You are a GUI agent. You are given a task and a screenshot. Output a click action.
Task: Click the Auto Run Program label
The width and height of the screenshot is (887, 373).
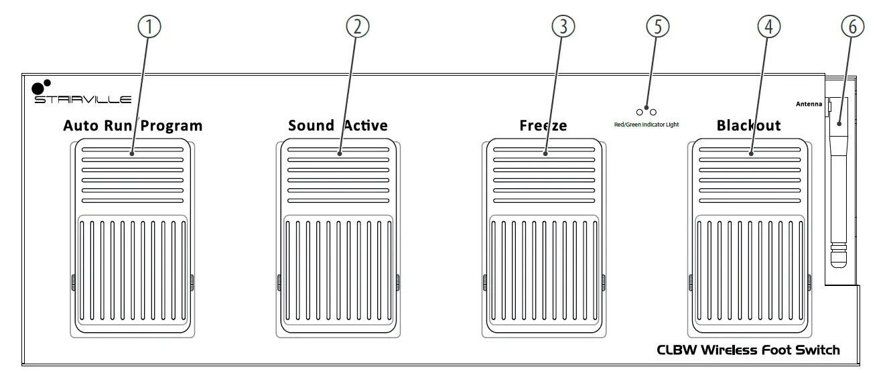pyautogui.click(x=133, y=125)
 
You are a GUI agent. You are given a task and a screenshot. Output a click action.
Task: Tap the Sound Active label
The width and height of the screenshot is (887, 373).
pyautogui.click(x=338, y=125)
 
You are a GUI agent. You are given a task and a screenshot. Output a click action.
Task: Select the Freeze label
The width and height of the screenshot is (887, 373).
pyautogui.click(x=543, y=125)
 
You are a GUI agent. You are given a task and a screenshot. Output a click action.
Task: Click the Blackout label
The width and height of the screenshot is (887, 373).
pyautogui.click(x=748, y=125)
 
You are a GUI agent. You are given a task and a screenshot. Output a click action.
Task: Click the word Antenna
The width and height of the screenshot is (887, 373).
pyautogui.click(x=809, y=104)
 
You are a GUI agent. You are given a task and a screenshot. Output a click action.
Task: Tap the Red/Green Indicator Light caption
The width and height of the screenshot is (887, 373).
pyautogui.click(x=646, y=125)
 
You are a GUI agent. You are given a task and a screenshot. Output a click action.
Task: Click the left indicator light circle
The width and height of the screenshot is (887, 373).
pyautogui.click(x=640, y=112)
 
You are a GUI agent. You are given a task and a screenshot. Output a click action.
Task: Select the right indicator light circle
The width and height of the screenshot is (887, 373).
pyautogui.click(x=653, y=112)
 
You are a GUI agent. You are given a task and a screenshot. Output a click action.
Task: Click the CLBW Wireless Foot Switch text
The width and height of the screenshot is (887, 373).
pyautogui.click(x=748, y=350)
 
